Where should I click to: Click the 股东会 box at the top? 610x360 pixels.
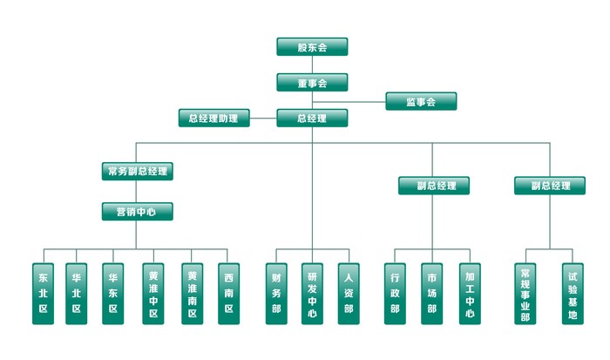312,47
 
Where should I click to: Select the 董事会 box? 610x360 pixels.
312,83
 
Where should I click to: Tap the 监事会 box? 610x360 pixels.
420,102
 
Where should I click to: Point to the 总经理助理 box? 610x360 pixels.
213,118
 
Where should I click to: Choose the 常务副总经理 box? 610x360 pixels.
137,171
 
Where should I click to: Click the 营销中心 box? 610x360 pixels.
137,211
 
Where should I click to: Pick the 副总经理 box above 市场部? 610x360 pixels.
434,186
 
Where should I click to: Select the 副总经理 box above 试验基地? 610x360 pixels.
549,186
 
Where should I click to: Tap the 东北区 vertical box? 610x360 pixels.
44,294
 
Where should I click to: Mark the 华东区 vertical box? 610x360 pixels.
113,294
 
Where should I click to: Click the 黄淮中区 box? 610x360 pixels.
153,294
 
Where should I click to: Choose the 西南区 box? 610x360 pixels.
228,294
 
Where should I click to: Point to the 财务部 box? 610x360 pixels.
276,294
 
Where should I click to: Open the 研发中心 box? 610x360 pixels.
312,294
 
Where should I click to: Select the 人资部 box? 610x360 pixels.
349,294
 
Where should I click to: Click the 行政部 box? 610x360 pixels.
395,294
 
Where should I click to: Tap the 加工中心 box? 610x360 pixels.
470,294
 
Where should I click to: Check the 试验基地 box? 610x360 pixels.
572,294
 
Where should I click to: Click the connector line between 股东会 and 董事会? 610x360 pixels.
312,65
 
